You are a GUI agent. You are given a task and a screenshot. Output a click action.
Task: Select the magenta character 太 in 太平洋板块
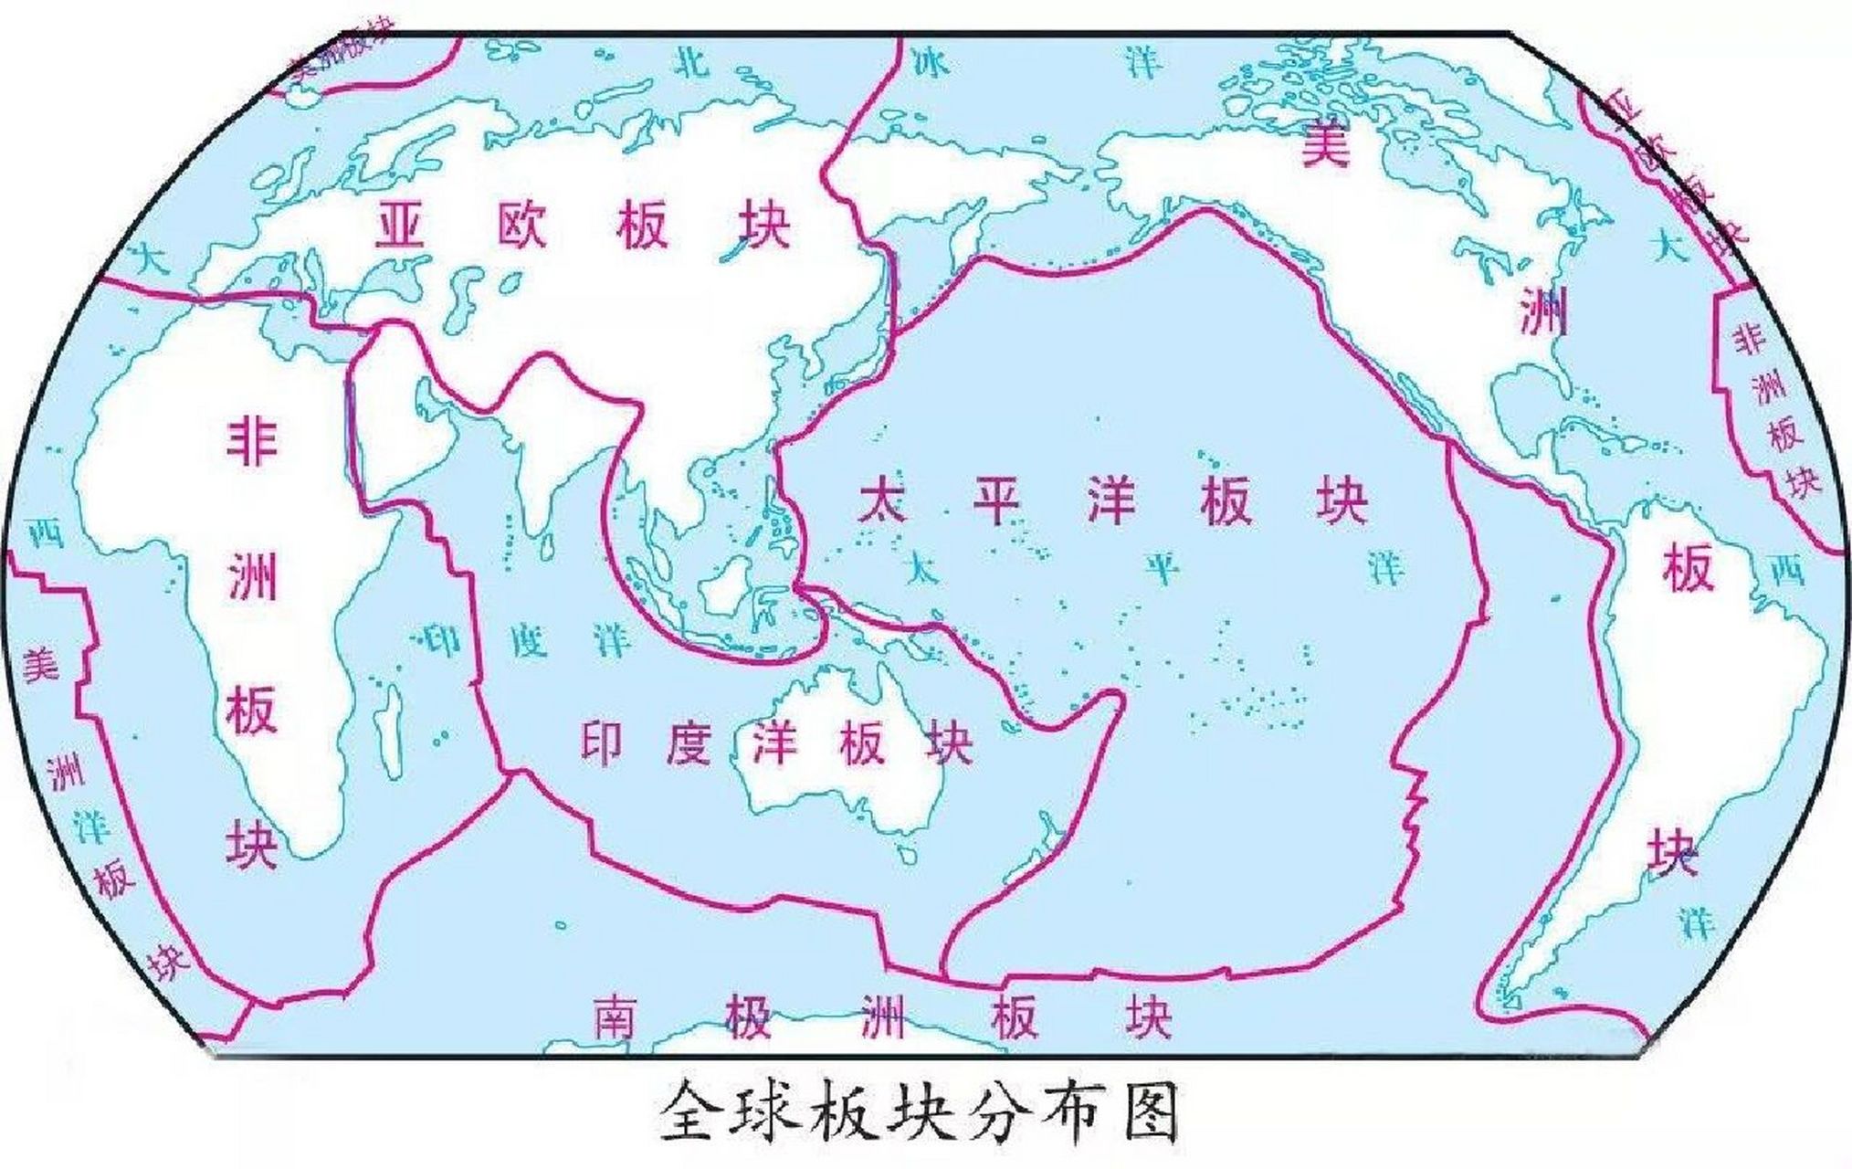(883, 500)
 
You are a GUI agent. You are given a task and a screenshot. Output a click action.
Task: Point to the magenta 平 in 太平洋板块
(996, 500)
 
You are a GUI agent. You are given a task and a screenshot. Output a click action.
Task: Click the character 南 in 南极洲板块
(619, 1016)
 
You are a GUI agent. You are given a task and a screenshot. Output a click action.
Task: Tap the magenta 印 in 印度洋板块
(604, 742)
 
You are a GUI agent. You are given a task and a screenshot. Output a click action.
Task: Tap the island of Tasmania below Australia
(907, 853)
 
